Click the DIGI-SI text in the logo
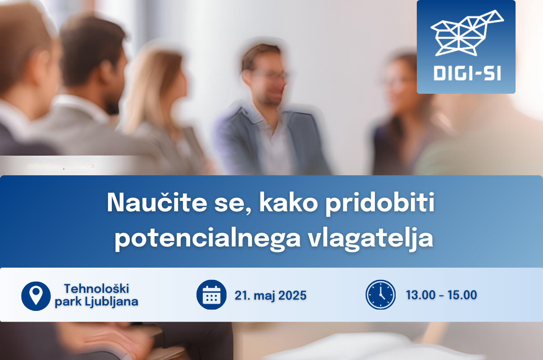(467, 73)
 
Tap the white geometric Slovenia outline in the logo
(467, 33)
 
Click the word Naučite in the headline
(157, 203)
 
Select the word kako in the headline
(288, 202)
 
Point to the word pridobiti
(380, 204)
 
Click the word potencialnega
(207, 239)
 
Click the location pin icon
(36, 296)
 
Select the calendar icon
(211, 295)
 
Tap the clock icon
(381, 295)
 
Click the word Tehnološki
(96, 289)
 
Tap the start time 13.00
(421, 295)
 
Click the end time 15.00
(462, 295)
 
